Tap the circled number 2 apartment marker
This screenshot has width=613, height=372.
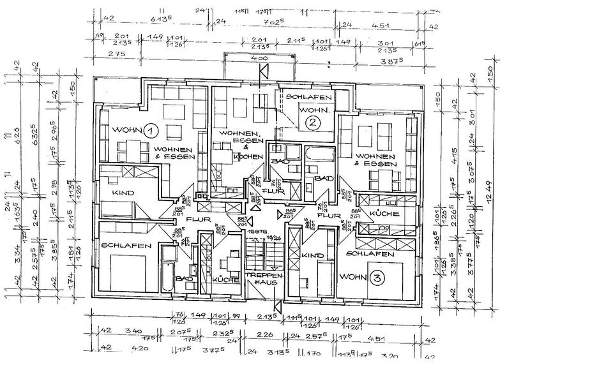312,123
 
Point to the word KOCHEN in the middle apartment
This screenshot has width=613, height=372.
247,156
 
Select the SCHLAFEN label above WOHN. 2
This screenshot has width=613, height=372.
308,97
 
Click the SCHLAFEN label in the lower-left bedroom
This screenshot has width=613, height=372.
126,246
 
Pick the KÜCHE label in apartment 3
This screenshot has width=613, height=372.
384,212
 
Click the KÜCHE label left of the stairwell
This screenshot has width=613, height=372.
227,279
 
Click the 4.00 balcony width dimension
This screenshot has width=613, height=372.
259,59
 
